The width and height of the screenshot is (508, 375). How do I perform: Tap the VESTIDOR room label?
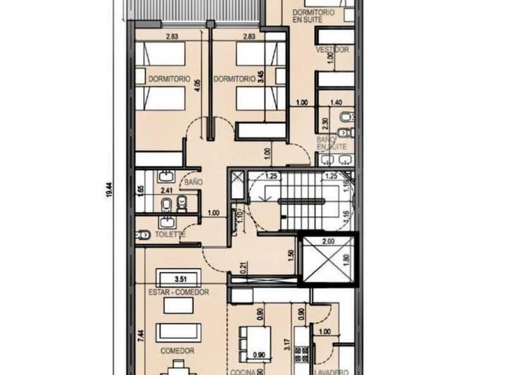click(332, 50)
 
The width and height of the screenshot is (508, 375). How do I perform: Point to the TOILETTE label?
click(169, 234)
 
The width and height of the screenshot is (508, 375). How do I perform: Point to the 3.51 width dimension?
click(179, 278)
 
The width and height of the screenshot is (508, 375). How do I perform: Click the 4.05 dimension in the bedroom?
click(198, 87)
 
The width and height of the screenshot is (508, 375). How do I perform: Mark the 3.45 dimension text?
click(260, 78)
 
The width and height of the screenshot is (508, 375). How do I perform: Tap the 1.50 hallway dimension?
click(290, 254)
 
